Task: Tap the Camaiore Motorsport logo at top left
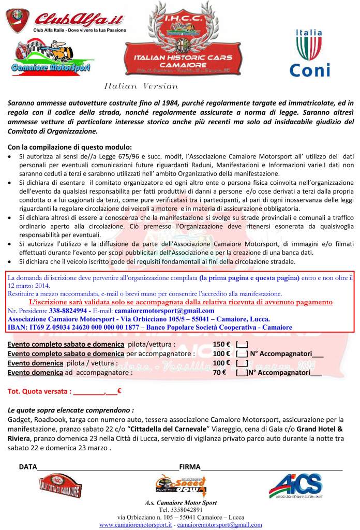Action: coord(51,57)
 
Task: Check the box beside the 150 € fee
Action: coord(242,344)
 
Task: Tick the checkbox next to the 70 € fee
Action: coord(242,372)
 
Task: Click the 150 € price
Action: coord(221,344)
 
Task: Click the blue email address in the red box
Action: coord(168,310)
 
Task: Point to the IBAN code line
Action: coord(151,327)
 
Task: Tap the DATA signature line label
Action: coord(28,466)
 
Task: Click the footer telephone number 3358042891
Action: coord(181,509)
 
